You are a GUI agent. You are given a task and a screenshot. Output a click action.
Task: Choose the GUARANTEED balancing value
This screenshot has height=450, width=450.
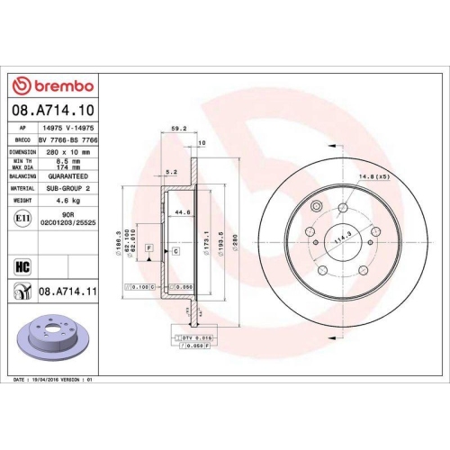pos(69,177)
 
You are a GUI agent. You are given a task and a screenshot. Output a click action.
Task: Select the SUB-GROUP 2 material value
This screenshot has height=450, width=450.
pos(69,188)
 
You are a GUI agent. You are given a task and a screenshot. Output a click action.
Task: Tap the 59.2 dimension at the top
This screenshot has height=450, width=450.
pos(178,128)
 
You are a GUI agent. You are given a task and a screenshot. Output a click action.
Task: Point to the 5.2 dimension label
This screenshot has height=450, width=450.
pos(173,172)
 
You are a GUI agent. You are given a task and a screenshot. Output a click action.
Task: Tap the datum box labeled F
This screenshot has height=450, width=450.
pos(147,247)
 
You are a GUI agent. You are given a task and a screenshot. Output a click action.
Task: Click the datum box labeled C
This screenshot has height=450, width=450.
pos(175,250)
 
